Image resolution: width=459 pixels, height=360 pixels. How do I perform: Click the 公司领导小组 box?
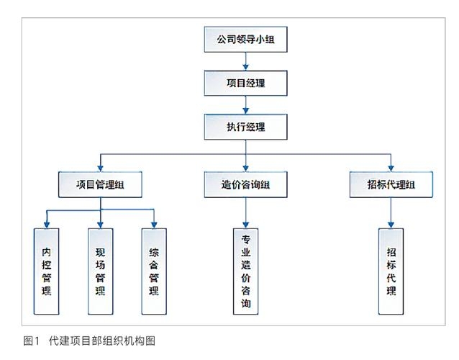[246, 40]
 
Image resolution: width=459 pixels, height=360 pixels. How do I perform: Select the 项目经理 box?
[246, 83]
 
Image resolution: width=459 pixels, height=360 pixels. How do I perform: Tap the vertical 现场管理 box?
[101, 271]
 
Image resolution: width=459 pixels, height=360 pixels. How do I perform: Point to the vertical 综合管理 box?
[153, 271]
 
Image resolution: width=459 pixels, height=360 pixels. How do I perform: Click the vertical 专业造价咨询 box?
[246, 271]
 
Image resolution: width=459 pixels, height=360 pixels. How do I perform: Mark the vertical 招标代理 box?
[391, 271]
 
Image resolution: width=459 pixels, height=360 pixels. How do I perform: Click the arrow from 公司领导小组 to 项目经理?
[246, 62]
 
